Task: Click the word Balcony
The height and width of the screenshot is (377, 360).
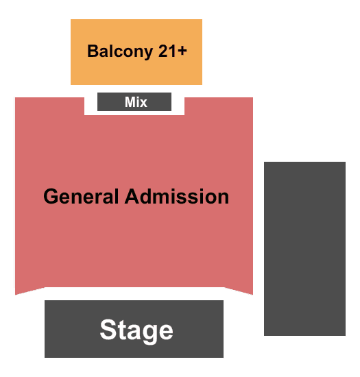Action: point(120,51)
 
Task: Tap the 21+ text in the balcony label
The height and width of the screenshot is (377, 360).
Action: point(172,51)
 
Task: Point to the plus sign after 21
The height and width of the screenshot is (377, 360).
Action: point(182,51)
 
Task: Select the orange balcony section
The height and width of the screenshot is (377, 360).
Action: point(136,52)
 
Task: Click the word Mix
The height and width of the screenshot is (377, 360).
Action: point(136,102)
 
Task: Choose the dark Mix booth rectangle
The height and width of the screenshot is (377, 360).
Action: point(134,101)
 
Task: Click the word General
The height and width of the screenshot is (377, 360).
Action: point(81,197)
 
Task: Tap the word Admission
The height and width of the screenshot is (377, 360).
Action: point(177,197)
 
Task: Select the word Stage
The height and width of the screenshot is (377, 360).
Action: point(136,330)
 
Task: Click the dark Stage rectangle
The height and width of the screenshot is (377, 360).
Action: point(134,329)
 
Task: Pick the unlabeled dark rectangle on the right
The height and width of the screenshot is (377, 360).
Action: point(304,249)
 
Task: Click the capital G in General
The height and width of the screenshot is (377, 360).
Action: point(51,197)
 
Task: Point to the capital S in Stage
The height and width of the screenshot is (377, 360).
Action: point(108,330)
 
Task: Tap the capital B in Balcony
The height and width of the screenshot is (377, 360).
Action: point(93,51)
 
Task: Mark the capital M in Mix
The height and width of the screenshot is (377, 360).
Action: point(130,102)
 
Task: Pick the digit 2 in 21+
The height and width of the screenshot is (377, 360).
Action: point(163,51)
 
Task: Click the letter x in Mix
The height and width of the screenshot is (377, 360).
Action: point(143,104)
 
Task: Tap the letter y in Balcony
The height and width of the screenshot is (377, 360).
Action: point(148,53)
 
